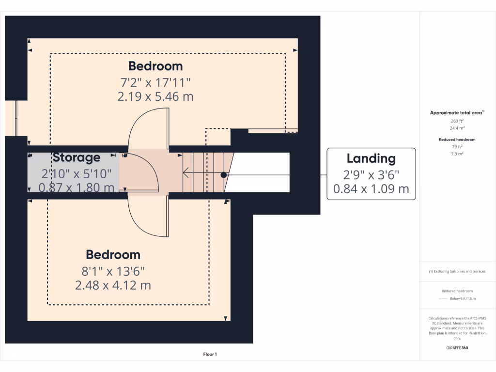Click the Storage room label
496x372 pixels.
(x=77, y=157)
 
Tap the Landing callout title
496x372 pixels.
(x=371, y=158)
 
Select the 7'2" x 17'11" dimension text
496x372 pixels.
(x=155, y=81)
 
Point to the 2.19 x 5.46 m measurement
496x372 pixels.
(x=155, y=96)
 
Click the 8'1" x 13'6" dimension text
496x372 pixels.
(x=113, y=270)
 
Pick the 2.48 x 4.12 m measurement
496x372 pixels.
(x=113, y=285)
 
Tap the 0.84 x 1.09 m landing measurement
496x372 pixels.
(x=371, y=189)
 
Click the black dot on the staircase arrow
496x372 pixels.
(x=223, y=174)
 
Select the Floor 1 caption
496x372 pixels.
(x=210, y=355)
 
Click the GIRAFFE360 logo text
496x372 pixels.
(x=457, y=348)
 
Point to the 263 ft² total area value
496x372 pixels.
(x=457, y=121)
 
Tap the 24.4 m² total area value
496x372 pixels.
(x=457, y=128)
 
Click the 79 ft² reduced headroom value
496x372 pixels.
(x=457, y=146)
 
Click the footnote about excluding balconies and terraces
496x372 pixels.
(x=457, y=271)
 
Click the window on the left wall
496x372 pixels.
(x=16, y=118)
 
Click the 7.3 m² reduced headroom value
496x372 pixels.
(x=457, y=153)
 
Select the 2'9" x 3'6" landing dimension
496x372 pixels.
(x=371, y=174)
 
